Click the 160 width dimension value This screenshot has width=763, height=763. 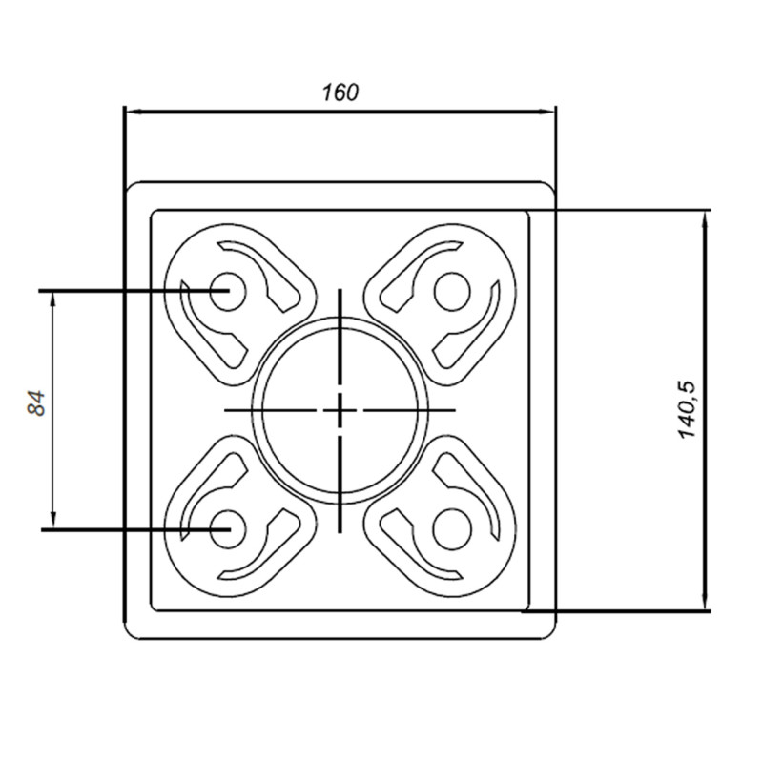340,93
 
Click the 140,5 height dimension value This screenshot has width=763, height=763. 689,410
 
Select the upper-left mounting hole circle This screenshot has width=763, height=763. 227,288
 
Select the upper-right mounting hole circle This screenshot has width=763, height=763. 450,290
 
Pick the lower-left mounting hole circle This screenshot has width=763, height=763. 227,527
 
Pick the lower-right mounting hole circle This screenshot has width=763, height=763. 450,527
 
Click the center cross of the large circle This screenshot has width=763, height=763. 340,409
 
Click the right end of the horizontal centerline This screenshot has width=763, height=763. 455,409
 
